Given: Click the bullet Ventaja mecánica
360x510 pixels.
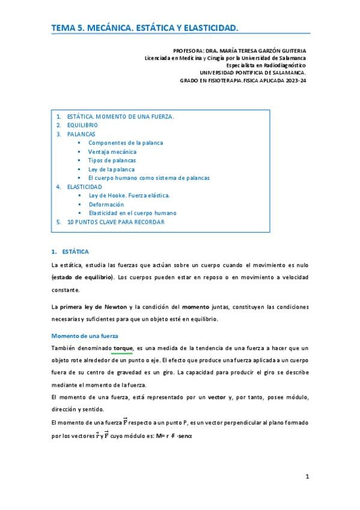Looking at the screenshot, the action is click(112, 152).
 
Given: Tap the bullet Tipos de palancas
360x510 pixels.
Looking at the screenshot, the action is click(112, 161).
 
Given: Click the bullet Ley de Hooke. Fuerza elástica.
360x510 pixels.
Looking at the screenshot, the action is click(129, 195).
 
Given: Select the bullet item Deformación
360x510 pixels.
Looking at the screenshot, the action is click(106, 204).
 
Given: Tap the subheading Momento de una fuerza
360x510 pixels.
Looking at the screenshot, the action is click(85, 336).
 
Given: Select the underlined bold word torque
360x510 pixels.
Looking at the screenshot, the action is click(121, 348).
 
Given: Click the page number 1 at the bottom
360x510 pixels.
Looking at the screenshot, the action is click(307, 478).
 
